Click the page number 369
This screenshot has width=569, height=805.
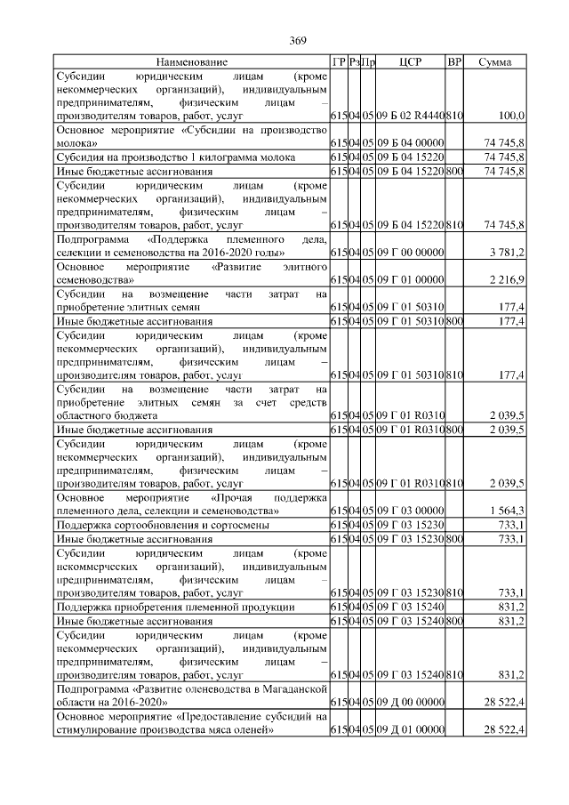(x=298, y=41)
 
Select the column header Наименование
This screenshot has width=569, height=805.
(x=191, y=62)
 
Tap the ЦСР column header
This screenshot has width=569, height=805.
(x=410, y=62)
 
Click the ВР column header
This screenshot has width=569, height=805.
(x=454, y=62)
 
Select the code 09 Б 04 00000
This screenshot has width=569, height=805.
(x=410, y=142)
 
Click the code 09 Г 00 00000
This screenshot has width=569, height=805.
(x=410, y=254)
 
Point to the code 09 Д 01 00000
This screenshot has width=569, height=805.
(x=410, y=729)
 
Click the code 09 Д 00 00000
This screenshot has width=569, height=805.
(x=410, y=703)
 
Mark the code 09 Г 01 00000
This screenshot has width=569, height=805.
(x=410, y=280)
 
